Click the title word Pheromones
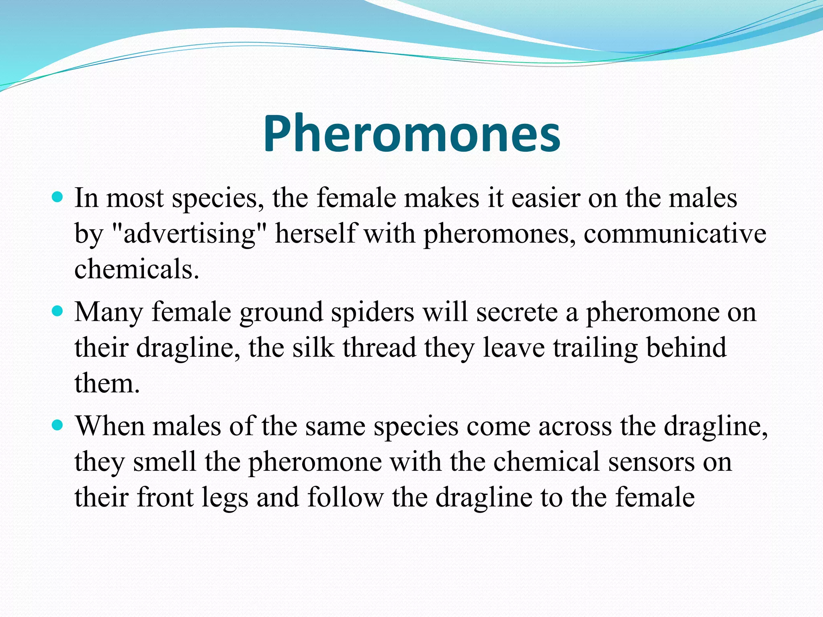pyautogui.click(x=411, y=133)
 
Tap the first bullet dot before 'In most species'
pyautogui.click(x=58, y=198)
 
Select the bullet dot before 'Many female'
pyautogui.click(x=58, y=311)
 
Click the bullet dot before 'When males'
pyautogui.click(x=58, y=425)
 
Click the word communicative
pyautogui.click(x=675, y=234)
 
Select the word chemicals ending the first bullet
pyautogui.click(x=137, y=269)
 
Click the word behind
pyautogui.click(x=686, y=347)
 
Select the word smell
pyautogui.click(x=164, y=462)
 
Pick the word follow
pyautogui.click(x=346, y=497)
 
